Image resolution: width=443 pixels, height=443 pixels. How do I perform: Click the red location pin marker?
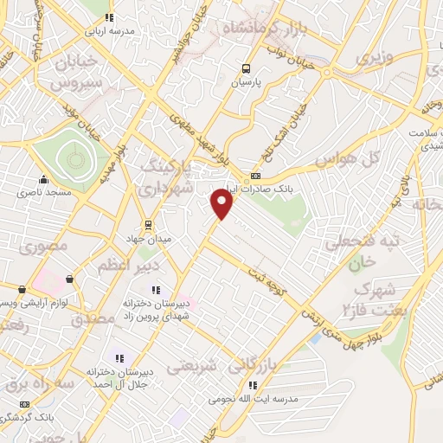click(222, 204)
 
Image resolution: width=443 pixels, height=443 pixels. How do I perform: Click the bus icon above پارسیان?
click(247, 69)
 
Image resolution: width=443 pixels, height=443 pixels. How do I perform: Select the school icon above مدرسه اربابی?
click(107, 16)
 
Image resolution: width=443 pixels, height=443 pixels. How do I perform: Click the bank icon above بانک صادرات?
click(254, 176)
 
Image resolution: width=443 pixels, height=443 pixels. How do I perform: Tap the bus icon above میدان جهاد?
click(148, 223)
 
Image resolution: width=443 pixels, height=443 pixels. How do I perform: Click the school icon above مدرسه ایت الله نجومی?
click(253, 385)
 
